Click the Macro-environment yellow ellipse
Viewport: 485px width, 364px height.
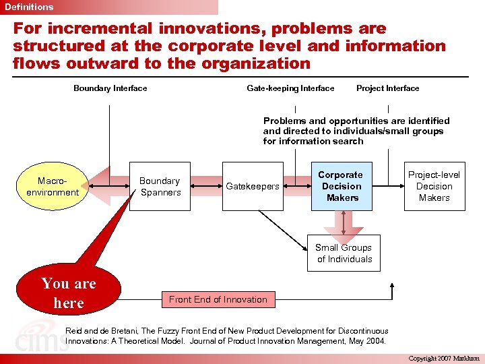pos(53,187)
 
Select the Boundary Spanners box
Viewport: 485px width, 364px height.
pos(160,187)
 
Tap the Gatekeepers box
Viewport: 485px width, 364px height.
pos(253,187)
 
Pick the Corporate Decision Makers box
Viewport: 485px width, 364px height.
pos(342,187)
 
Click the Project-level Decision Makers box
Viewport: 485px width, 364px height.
pos(434,187)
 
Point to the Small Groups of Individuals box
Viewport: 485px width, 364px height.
pos(344,253)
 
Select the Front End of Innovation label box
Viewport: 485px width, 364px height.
pos(218,299)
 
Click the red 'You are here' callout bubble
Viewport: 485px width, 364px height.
pos(68,293)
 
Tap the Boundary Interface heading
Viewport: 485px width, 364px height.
pos(110,88)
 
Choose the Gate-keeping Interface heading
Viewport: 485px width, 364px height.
pos(290,88)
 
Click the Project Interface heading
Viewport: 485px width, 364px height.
pos(387,88)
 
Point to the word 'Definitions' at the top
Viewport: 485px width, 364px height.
pos(29,7)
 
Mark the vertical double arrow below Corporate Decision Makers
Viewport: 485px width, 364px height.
pos(344,222)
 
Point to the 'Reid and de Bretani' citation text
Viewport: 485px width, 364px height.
pos(226,336)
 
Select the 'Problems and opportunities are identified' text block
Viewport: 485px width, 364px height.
pos(356,131)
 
